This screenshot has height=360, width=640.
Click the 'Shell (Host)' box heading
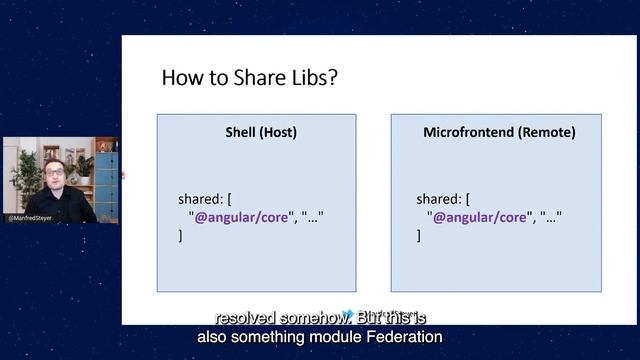[x=256, y=132]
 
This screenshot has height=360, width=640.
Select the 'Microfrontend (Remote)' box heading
[x=499, y=132]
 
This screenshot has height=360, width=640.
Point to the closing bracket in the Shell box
[x=181, y=235]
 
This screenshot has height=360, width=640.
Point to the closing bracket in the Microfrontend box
[x=419, y=235]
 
